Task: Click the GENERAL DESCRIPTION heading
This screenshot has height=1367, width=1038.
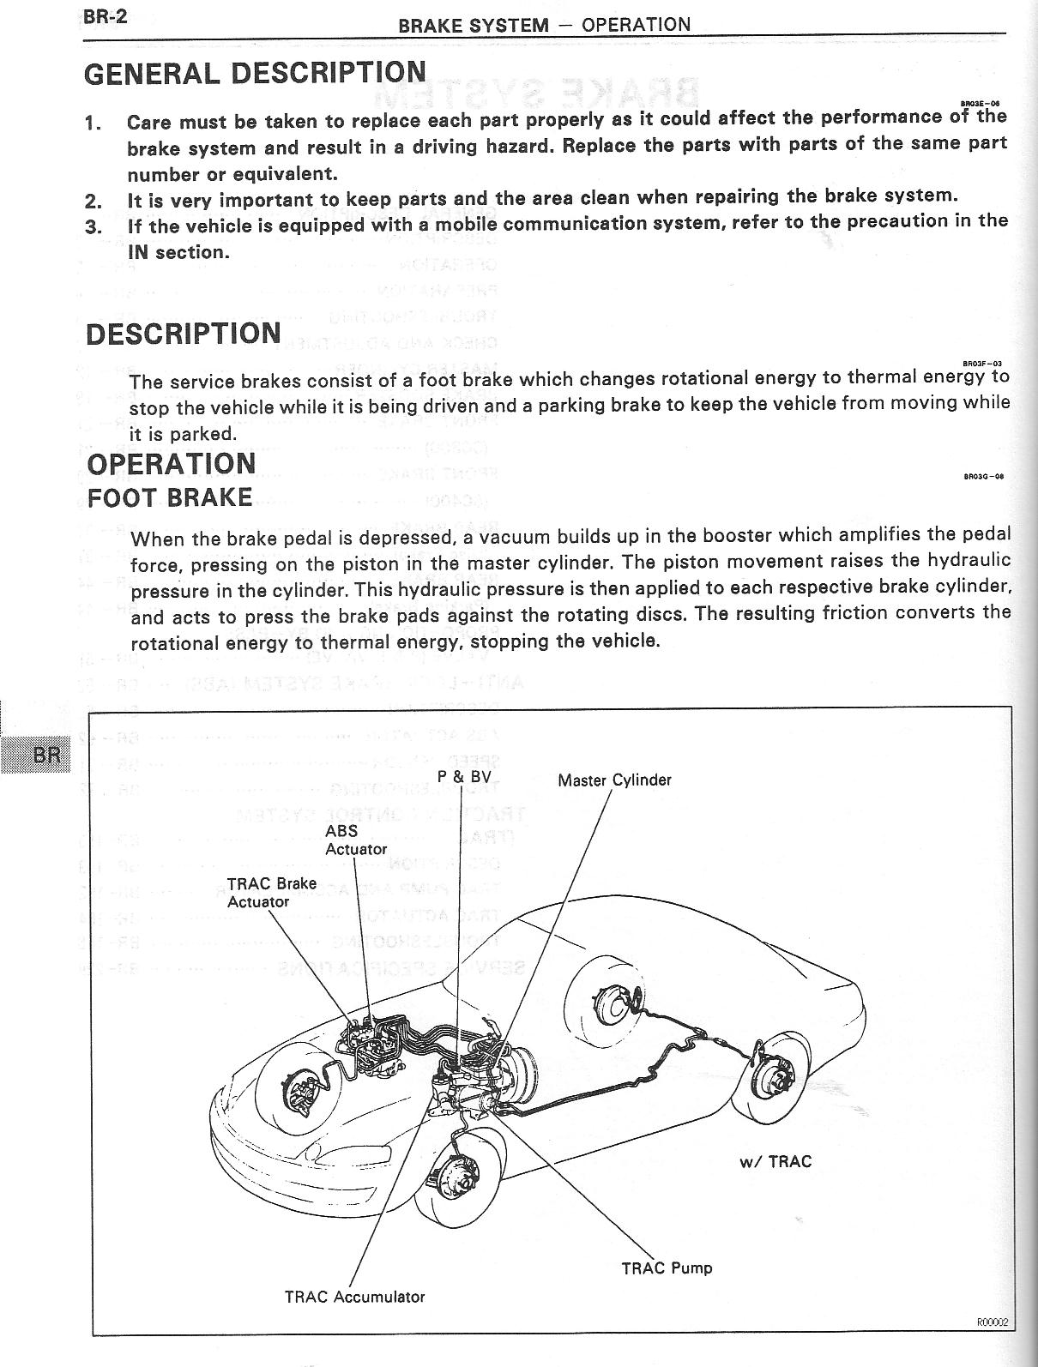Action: click(254, 73)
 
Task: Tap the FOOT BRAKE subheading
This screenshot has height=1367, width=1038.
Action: click(170, 498)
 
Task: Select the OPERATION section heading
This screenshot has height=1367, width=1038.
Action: click(172, 464)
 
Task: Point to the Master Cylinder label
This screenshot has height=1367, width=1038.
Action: click(614, 780)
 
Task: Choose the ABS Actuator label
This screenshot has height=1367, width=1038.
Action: click(355, 840)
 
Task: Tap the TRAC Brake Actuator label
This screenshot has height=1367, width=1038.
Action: click(271, 892)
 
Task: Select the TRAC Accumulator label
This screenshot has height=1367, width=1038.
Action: click(354, 1297)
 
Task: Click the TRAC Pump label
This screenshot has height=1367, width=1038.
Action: click(667, 1268)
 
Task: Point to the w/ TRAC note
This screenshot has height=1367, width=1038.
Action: click(775, 1162)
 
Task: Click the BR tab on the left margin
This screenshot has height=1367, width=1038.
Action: click(45, 755)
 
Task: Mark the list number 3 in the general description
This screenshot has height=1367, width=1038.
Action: click(94, 226)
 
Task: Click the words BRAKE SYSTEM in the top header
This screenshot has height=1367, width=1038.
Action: click(473, 25)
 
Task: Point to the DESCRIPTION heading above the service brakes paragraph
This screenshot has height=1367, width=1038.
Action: click(184, 334)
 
